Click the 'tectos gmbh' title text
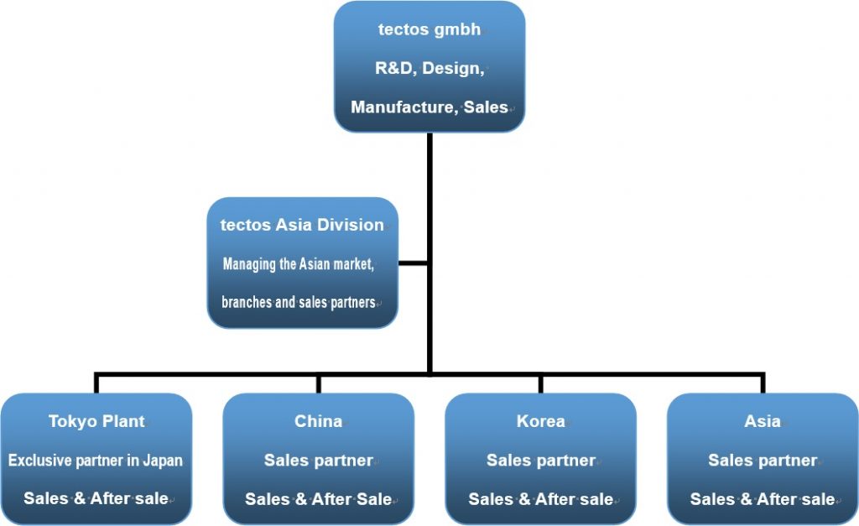[429, 29]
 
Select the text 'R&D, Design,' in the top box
[429, 68]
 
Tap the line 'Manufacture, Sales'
[429, 107]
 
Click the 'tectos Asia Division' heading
[301, 225]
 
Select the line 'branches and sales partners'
[298, 302]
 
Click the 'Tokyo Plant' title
[96, 421]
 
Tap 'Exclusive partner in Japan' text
[96, 460]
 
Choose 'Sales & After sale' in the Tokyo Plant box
[96, 498]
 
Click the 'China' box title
[318, 421]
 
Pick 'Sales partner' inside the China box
[318, 460]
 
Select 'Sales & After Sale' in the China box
[318, 498]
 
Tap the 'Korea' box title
[540, 421]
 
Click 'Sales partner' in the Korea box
[540, 460]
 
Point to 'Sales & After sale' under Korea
[540, 498]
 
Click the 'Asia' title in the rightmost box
[762, 421]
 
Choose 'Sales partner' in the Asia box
[762, 460]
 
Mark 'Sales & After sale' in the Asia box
[762, 498]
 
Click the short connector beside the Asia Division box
[413, 263]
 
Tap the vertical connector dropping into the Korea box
[540, 383]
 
